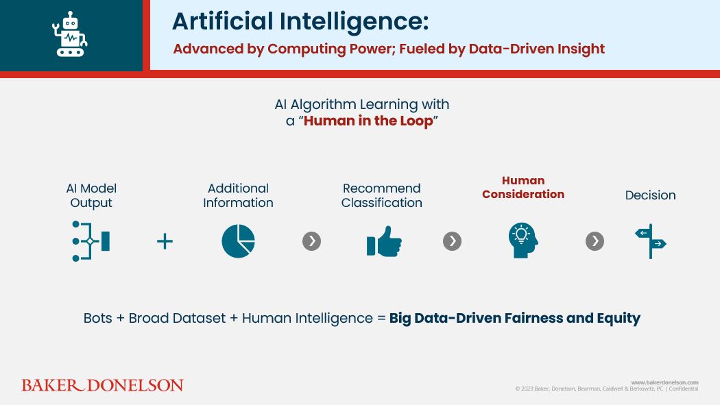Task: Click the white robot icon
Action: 69,34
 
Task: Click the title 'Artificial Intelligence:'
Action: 300,21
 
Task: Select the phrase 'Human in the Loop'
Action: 368,121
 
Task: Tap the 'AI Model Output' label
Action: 91,195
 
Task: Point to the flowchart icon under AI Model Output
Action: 91,241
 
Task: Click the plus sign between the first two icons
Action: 165,241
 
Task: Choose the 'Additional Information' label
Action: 238,195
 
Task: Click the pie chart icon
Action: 239,241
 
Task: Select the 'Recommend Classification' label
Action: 381,195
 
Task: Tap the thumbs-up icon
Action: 384,241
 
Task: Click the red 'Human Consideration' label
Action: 523,187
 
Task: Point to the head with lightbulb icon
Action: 523,241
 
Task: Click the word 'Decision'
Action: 650,195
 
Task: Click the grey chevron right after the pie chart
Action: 312,241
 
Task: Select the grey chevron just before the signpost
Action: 595,241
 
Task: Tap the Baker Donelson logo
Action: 102,385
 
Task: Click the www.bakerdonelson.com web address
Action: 664,382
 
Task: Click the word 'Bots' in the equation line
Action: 97,319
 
